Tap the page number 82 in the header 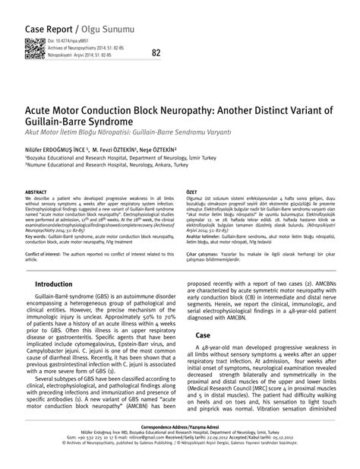tap(156, 52)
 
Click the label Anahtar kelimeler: tap(209, 236)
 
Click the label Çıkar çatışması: tap(206, 251)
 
